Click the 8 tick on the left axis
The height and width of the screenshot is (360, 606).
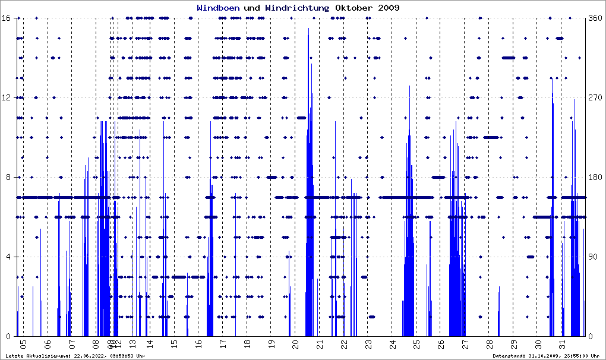pyautogui.click(x=8, y=177)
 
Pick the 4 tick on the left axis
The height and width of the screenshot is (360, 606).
pyautogui.click(x=8, y=257)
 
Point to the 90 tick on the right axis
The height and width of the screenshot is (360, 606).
pyautogui.click(x=595, y=257)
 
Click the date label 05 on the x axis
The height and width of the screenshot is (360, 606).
pyautogui.click(x=23, y=344)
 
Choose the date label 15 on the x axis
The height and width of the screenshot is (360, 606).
pyautogui.click(x=174, y=344)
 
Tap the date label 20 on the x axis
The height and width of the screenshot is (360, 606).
pyautogui.click(x=295, y=344)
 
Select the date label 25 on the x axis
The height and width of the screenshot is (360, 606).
pyautogui.click(x=417, y=344)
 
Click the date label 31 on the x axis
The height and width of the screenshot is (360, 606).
pyautogui.click(x=563, y=344)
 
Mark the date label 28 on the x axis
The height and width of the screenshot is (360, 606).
pyautogui.click(x=490, y=344)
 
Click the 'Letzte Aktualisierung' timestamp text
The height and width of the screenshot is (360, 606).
pyautogui.click(x=75, y=356)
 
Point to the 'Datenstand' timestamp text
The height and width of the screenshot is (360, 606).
pyautogui.click(x=546, y=356)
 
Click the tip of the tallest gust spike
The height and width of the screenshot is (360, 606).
pyautogui.click(x=308, y=29)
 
